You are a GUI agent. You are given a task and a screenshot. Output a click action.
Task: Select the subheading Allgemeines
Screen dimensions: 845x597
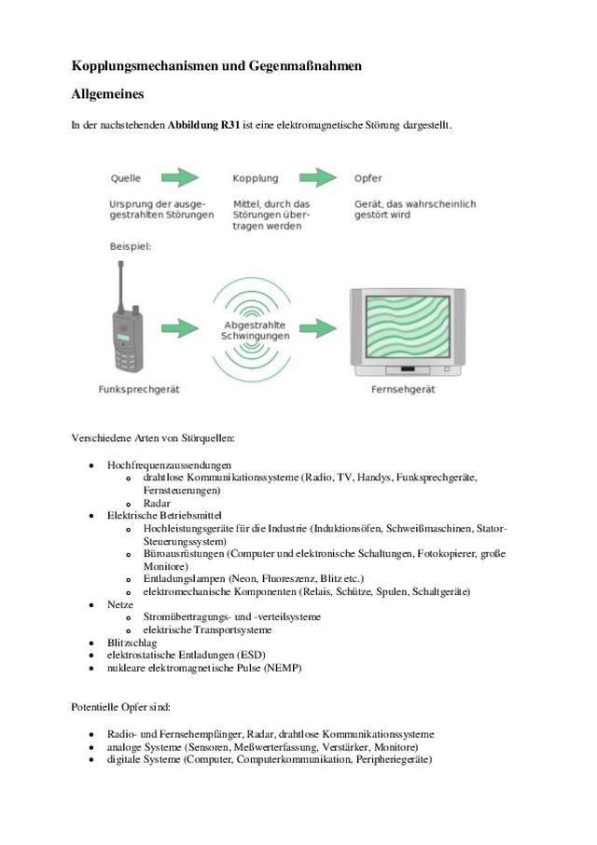pos(108,95)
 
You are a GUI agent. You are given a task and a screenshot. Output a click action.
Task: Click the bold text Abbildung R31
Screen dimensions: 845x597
pos(203,124)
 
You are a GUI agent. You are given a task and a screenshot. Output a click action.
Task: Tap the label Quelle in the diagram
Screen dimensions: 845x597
pos(126,178)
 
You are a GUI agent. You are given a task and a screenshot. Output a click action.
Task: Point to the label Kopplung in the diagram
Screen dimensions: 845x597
pos(255,178)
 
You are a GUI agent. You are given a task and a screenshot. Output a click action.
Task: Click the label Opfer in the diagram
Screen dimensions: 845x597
pos(368,178)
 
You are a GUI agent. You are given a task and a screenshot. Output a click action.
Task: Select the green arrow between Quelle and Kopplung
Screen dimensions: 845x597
pos(181,177)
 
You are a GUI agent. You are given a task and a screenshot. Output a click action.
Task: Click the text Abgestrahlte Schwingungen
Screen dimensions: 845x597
pos(255,329)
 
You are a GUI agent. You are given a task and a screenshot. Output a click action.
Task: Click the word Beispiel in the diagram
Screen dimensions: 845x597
pos(130,247)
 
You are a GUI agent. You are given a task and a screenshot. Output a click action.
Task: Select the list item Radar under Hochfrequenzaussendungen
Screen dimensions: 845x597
pos(157,503)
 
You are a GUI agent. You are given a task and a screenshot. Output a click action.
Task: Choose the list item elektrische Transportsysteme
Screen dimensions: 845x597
pos(207,630)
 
